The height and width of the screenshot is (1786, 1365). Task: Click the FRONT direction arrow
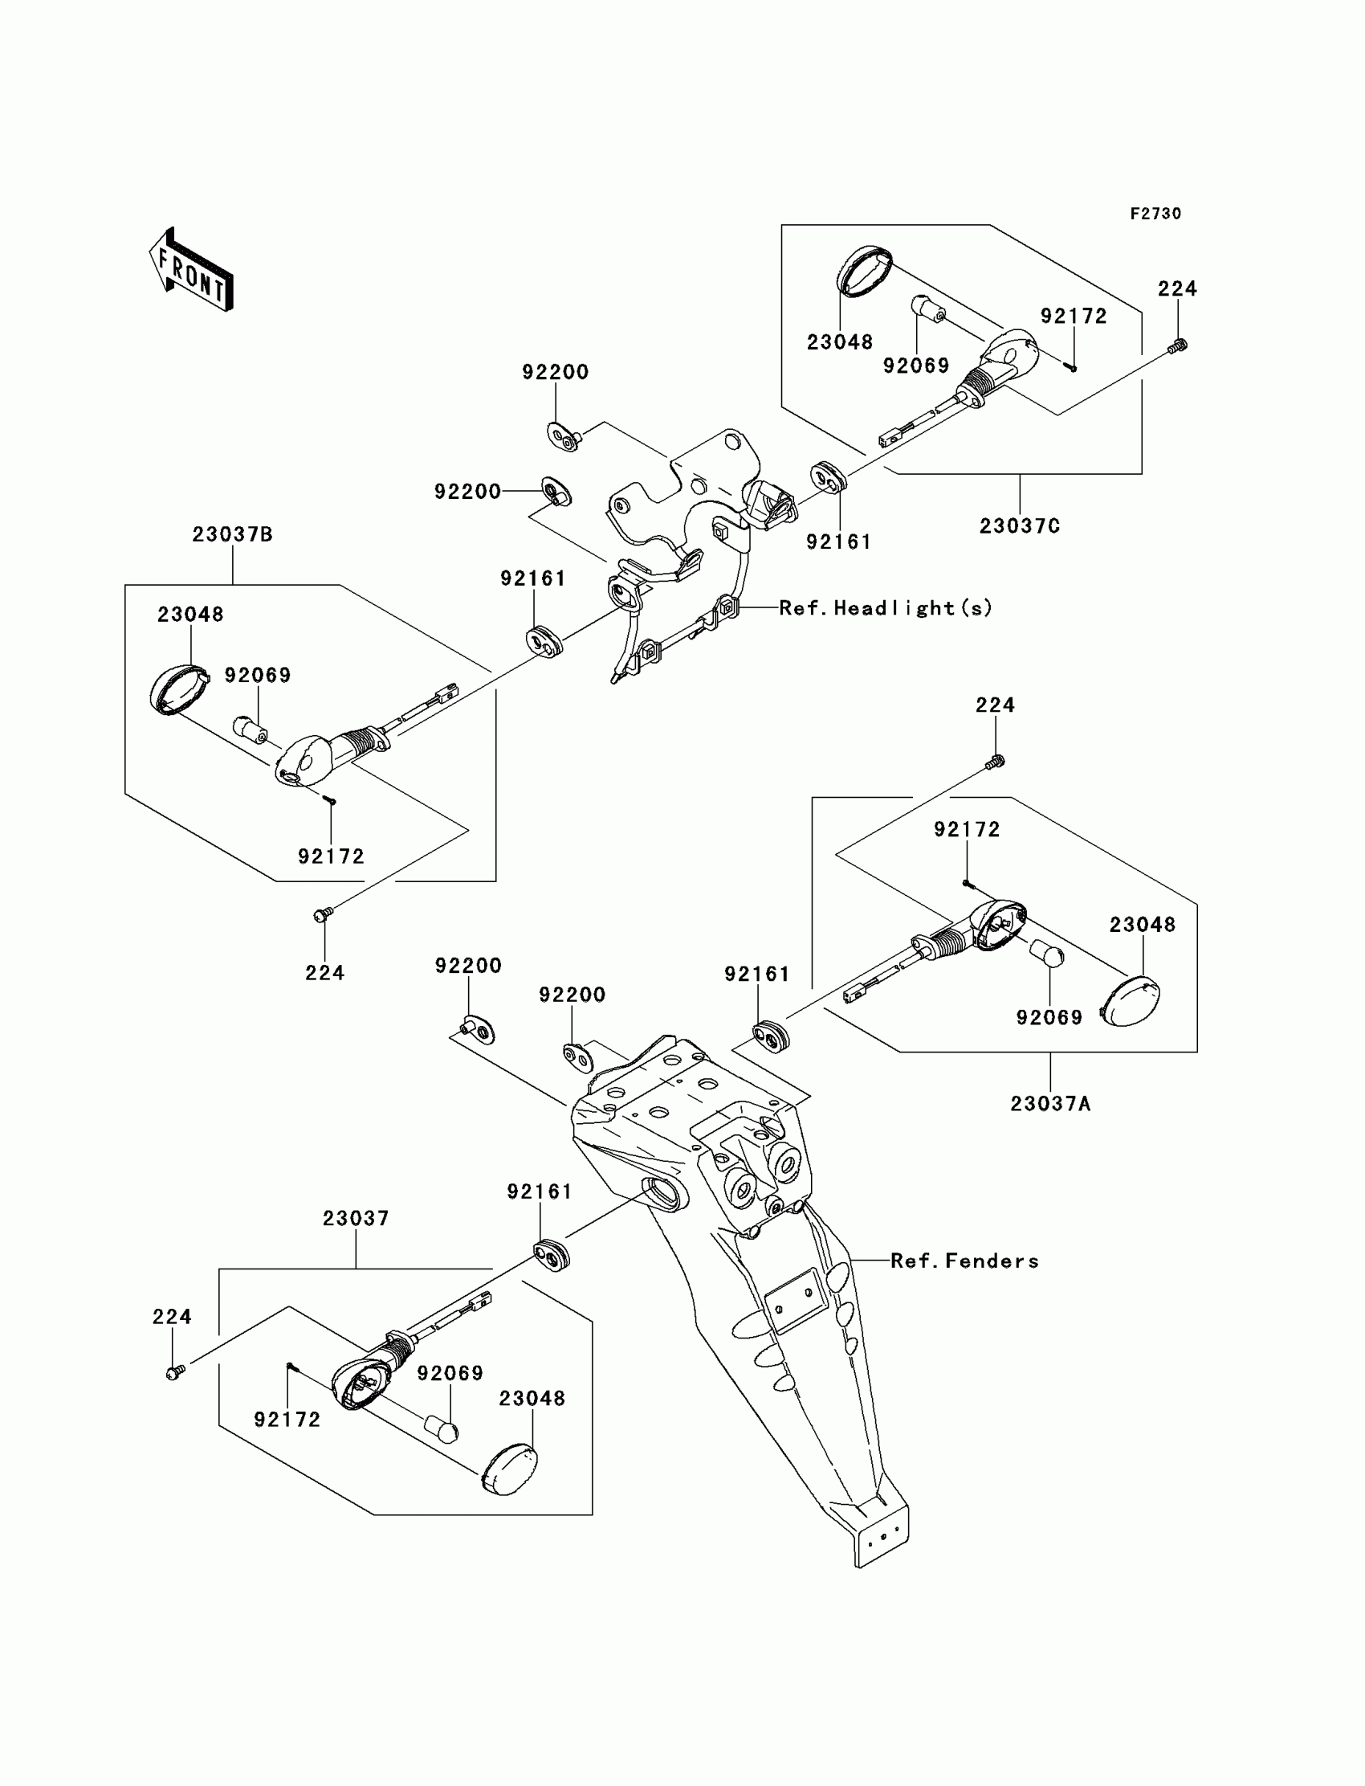pyautogui.click(x=191, y=270)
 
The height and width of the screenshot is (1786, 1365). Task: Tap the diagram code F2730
pyautogui.click(x=1155, y=214)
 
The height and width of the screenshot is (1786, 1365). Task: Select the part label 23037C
pyautogui.click(x=1020, y=526)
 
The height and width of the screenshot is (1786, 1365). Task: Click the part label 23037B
pyautogui.click(x=232, y=534)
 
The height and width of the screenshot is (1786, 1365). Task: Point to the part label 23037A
pyautogui.click(x=1050, y=1103)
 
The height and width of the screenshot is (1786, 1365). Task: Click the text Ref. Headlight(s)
pyautogui.click(x=886, y=608)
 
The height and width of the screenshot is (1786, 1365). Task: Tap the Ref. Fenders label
pyautogui.click(x=964, y=1261)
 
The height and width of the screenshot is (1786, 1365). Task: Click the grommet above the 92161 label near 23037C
pyautogui.click(x=829, y=477)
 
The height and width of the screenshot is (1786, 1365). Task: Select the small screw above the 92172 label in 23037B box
pyautogui.click(x=330, y=801)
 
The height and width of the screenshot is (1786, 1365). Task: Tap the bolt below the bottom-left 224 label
pyautogui.click(x=175, y=1372)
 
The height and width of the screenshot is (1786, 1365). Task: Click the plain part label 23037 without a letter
pyautogui.click(x=356, y=1219)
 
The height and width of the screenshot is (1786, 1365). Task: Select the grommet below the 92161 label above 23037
pyautogui.click(x=552, y=1255)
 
